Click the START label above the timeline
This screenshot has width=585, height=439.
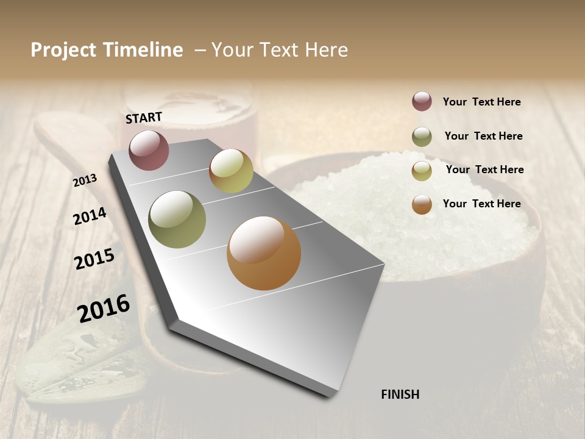144,118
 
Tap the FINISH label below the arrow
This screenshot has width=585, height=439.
400,394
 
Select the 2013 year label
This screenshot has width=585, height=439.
85,180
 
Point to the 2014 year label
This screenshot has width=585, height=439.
90,216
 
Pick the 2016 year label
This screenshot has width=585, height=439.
104,308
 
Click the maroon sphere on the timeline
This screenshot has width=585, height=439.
149,150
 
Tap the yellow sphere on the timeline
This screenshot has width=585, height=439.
231,171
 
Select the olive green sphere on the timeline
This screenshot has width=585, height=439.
177,219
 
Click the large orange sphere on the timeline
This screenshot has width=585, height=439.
264,253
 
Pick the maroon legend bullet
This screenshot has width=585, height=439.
422,101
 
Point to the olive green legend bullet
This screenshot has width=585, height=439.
422,137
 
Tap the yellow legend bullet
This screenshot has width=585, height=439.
422,171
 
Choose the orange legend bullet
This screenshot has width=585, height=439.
422,204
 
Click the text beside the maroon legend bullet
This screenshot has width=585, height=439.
481,102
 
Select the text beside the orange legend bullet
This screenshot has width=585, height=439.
481,204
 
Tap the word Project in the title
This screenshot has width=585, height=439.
63,50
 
